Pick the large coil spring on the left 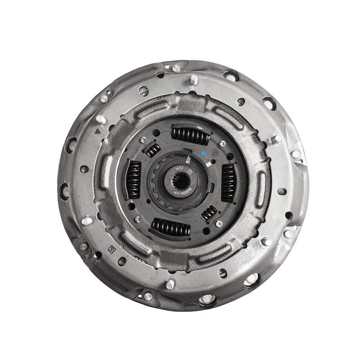point(133,179)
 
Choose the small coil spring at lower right point(209,212)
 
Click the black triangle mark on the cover point(97,130)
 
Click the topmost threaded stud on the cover point(194,80)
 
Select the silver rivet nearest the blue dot point(222,144)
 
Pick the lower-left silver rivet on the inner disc point(138,219)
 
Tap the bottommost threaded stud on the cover point(171,284)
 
